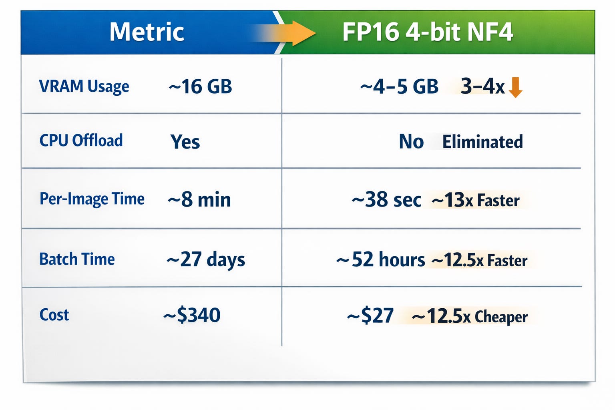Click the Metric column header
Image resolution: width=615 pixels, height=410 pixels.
pos(147,32)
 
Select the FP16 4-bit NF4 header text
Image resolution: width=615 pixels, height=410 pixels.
pos(428,32)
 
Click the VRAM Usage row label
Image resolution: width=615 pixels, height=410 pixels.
pos(84,86)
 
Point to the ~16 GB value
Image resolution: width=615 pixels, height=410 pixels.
pos(200,86)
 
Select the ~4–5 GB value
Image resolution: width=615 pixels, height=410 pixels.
pos(399,86)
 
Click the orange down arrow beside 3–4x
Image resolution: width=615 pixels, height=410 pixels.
pos(515,87)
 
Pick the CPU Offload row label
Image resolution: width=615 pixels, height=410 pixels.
pos(81,140)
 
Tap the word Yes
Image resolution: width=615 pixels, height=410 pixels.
pos(185,142)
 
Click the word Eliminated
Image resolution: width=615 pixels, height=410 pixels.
pos(482,142)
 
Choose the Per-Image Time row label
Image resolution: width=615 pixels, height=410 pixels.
pos(92,199)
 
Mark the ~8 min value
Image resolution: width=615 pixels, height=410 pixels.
pos(199,200)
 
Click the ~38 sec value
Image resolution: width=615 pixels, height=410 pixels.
pos(386,200)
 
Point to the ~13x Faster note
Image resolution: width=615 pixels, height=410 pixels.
pos(476,200)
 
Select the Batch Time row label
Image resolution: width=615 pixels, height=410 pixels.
pos(77,259)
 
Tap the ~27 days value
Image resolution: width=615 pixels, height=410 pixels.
pos(206,259)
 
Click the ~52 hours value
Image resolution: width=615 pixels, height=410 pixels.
pos(380,259)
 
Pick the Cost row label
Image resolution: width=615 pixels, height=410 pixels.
pos(54,315)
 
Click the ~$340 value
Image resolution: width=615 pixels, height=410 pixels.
pos(192,315)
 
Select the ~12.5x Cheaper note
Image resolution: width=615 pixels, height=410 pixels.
pos(470,316)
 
